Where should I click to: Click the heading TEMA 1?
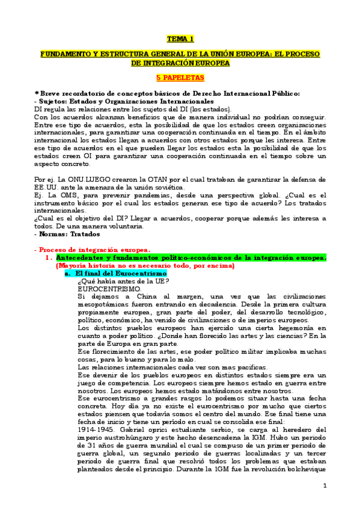(x=180, y=39)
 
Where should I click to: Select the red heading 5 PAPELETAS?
(x=180, y=78)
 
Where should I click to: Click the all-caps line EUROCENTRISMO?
(x=104, y=288)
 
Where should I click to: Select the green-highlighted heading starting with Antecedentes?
(x=191, y=257)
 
